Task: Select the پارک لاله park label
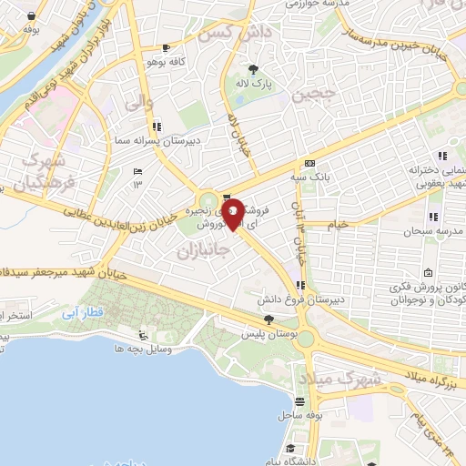(x=254, y=84)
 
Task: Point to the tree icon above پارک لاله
(x=254, y=69)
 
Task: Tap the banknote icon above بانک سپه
(x=309, y=162)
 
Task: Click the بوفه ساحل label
(x=296, y=415)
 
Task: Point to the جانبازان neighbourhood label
(x=200, y=248)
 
